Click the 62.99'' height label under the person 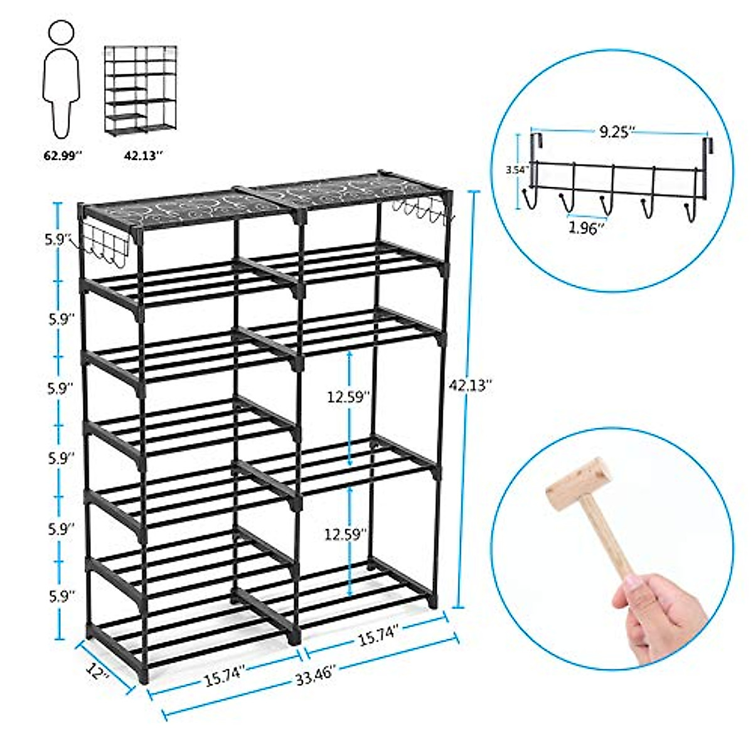coord(62,156)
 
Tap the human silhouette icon coord(61,78)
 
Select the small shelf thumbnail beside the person coord(139,88)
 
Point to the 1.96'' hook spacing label coord(586,228)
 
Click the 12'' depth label coord(99,673)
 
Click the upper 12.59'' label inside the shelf coord(349,397)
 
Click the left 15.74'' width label coord(223,681)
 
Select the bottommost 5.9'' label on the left coord(61,595)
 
